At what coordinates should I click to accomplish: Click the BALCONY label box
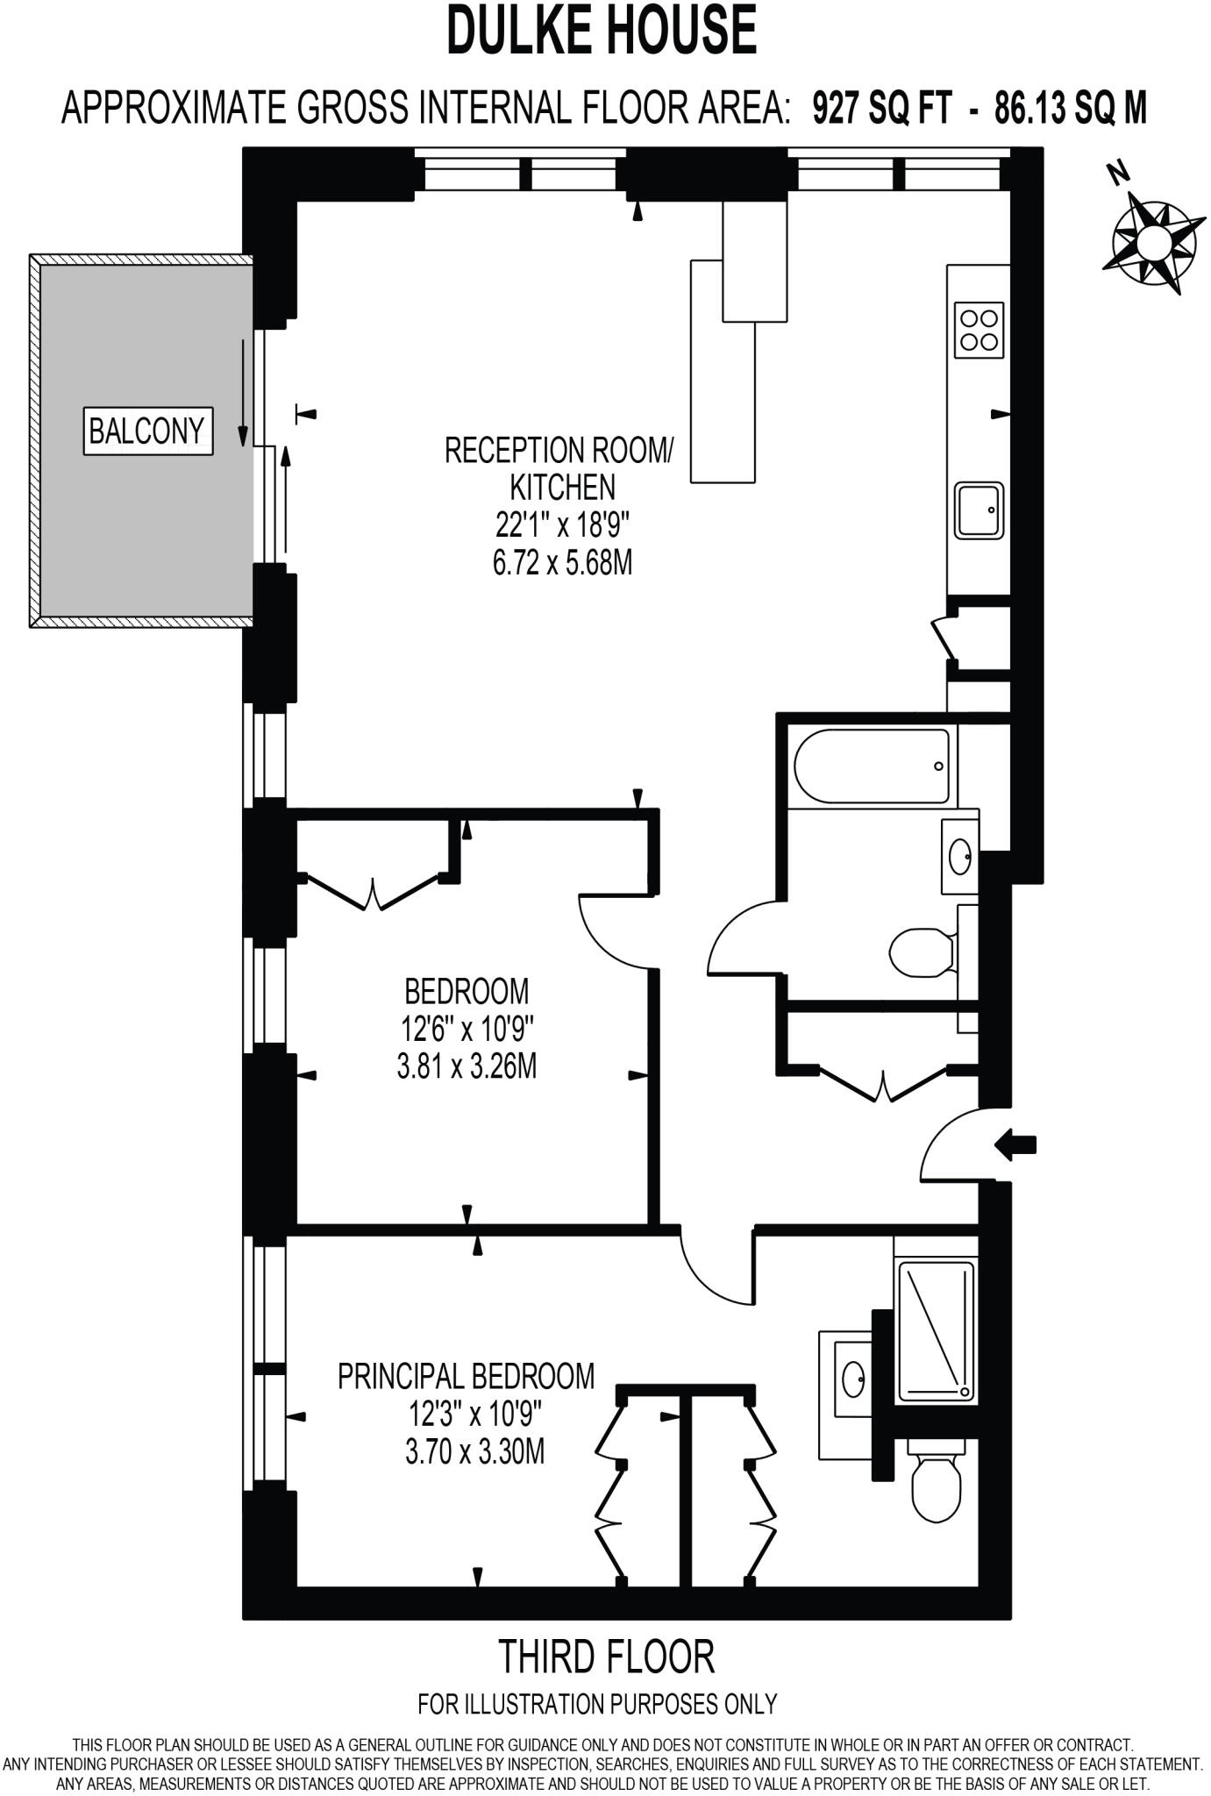[x=147, y=431]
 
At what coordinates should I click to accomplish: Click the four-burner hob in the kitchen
[x=979, y=329]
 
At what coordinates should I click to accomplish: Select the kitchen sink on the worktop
[x=979, y=510]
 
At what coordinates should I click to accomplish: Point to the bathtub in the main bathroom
[x=872, y=766]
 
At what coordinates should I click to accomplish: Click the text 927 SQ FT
[x=882, y=110]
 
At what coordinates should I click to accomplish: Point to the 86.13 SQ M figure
[x=1070, y=110]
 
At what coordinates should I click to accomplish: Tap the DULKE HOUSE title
[x=602, y=31]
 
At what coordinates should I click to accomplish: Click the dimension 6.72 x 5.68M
[x=562, y=562]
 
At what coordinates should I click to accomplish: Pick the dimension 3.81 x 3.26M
[x=467, y=1066]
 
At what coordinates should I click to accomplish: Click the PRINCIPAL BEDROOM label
[x=466, y=1376]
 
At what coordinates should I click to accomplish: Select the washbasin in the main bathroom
[x=961, y=854]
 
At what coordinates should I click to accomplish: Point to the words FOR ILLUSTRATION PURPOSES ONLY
[x=597, y=1704]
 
